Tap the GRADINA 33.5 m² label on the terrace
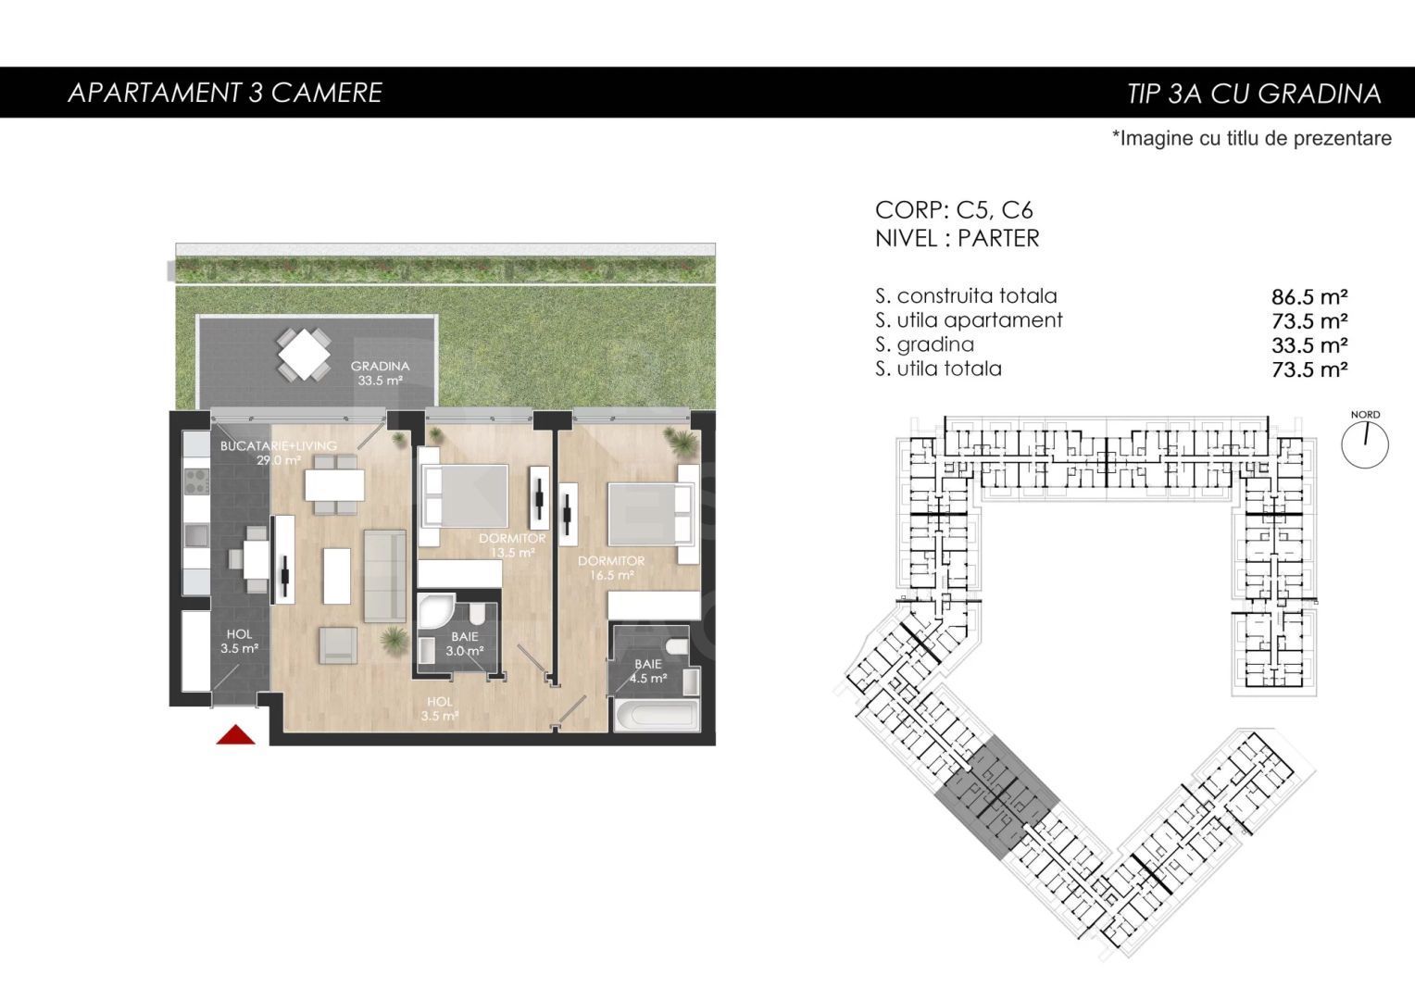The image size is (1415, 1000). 380,372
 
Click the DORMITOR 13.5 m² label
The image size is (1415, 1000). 512,545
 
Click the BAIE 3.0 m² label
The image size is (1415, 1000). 465,644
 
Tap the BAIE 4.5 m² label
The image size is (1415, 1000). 648,671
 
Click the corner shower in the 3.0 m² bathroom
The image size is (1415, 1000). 432,612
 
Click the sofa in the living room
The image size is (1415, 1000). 384,575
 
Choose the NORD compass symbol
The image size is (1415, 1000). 1365,443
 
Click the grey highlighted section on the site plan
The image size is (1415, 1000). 996,796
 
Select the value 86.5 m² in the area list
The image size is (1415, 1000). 1309,297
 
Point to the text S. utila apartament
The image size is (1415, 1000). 969,320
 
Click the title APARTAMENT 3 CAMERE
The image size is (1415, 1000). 225,93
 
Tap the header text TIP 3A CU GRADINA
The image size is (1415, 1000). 1254,94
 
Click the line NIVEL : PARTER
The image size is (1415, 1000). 957,238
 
